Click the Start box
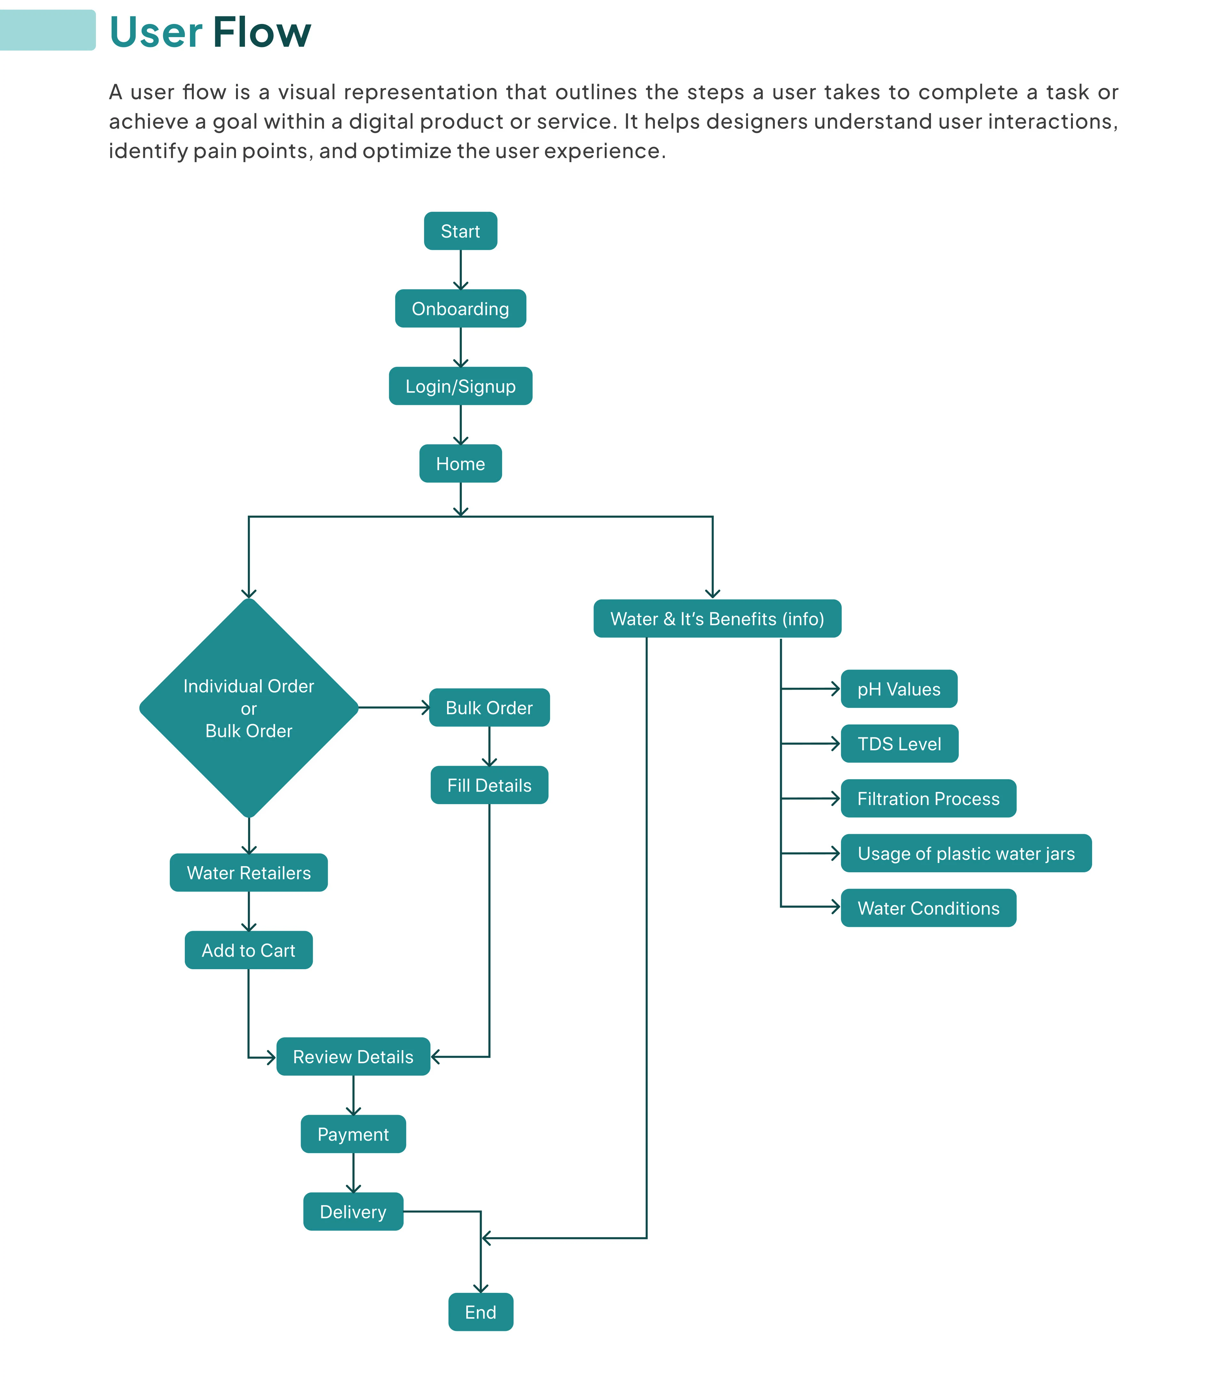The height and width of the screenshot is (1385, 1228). [460, 231]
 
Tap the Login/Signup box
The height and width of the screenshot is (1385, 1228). [460, 386]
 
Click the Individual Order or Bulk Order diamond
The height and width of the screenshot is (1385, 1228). [248, 708]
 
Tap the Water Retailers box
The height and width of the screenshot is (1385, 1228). [248, 873]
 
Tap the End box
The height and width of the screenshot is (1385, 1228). [481, 1312]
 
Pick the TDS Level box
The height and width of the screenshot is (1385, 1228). [900, 744]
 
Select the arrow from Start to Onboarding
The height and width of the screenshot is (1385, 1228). [460, 270]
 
